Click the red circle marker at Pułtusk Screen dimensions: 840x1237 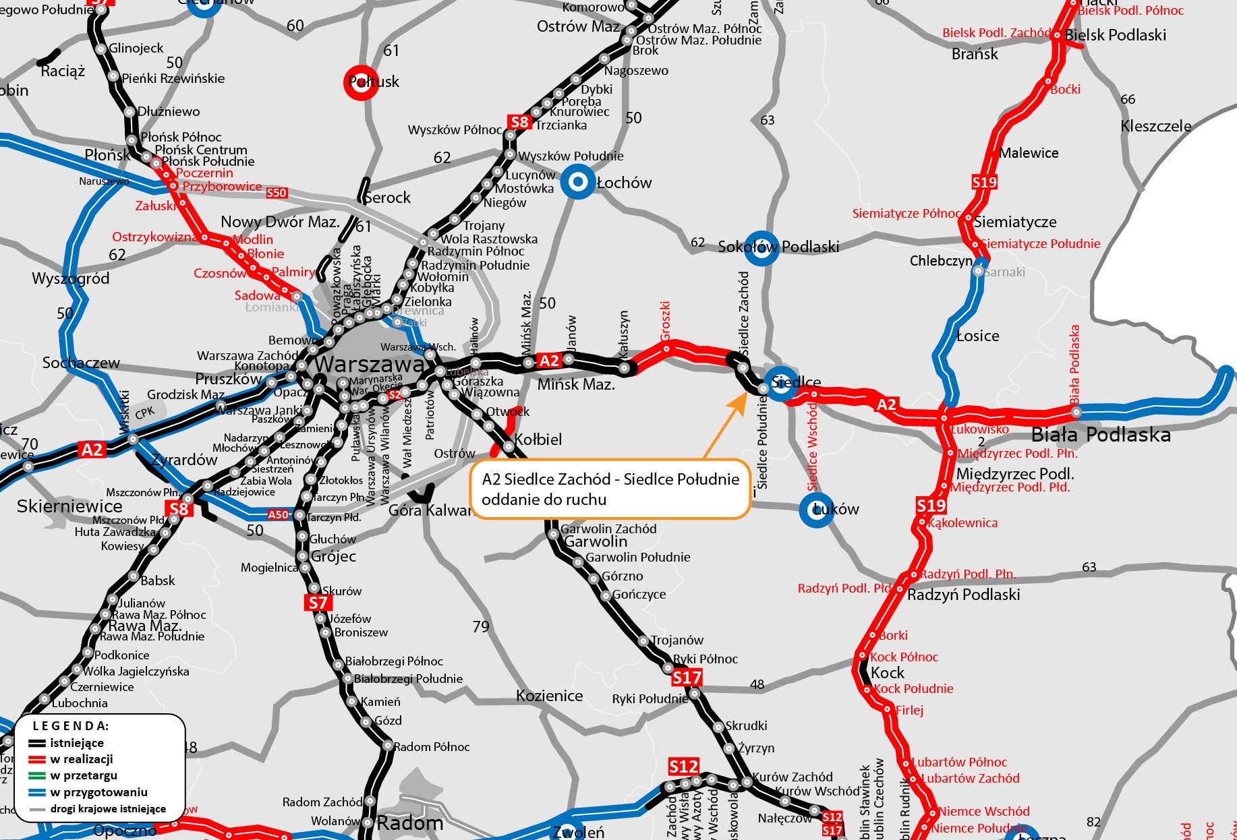click(x=362, y=82)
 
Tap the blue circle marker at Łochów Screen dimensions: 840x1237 click(x=577, y=182)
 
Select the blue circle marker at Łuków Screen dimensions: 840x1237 click(x=816, y=510)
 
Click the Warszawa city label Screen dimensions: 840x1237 click(x=370, y=365)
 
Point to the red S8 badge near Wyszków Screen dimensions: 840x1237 click(x=519, y=122)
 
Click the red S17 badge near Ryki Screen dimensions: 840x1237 click(x=687, y=678)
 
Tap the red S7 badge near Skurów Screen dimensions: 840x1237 click(x=318, y=603)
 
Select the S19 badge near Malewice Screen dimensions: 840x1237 click(x=984, y=182)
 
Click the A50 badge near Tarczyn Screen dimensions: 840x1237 click(x=278, y=515)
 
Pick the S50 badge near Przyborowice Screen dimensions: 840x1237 click(x=277, y=193)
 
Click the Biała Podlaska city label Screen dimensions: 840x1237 click(x=1101, y=435)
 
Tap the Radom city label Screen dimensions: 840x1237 click(x=410, y=823)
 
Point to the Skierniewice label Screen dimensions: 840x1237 click(x=69, y=506)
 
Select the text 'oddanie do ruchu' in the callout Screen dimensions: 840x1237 click(x=544, y=500)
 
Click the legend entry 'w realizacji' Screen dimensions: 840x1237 click(x=81, y=759)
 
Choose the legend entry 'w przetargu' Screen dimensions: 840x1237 click(x=84, y=775)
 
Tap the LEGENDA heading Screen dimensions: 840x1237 click(x=71, y=726)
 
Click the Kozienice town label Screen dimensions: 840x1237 click(x=549, y=696)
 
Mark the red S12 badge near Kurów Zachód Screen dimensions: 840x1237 click(x=683, y=767)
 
